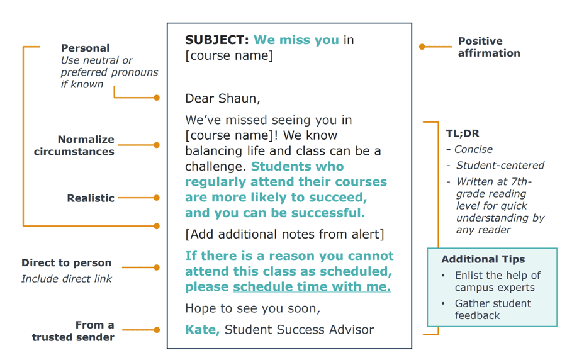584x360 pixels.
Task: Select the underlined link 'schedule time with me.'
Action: click(312, 286)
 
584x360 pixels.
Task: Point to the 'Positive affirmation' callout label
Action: click(489, 47)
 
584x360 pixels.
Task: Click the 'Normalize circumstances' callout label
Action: click(74, 145)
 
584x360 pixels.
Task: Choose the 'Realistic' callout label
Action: click(91, 198)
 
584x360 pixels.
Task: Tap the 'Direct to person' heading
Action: click(66, 262)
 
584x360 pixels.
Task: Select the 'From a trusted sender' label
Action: click(73, 331)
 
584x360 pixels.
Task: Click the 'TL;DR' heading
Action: click(463, 133)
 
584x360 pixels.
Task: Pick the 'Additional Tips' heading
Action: click(483, 259)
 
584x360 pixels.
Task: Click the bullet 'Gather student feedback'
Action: click(493, 309)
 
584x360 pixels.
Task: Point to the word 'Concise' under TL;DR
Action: click(473, 149)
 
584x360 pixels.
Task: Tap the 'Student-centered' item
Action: click(500, 165)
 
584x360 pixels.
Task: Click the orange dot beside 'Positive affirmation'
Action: click(422, 47)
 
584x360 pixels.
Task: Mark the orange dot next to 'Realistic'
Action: click(157, 198)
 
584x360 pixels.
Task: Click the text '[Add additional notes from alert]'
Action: click(284, 234)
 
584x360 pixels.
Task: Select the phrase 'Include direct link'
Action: click(66, 279)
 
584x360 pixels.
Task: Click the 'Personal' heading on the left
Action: click(86, 48)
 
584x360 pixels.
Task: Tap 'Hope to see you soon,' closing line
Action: click(252, 308)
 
